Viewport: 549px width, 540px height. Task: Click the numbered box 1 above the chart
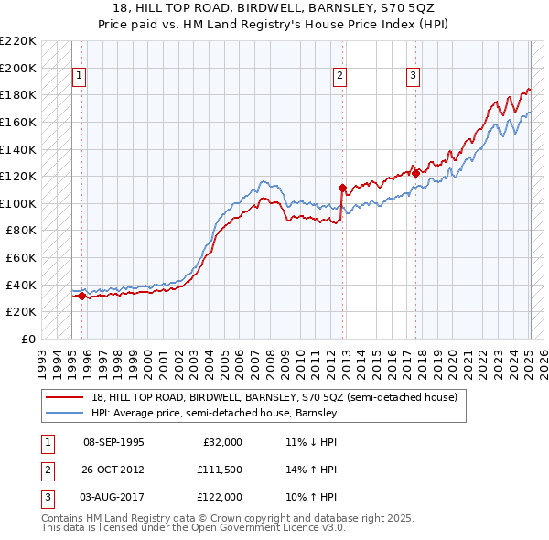point(81,76)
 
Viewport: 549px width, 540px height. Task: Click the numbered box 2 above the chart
point(340,76)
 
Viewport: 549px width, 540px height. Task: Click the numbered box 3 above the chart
point(413,76)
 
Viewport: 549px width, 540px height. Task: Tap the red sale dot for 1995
point(81,296)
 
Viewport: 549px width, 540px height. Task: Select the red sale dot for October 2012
point(341,188)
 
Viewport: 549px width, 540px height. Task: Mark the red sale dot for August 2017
point(415,173)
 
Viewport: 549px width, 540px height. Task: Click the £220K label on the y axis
point(18,40)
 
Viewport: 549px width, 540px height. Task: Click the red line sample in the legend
point(64,398)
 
